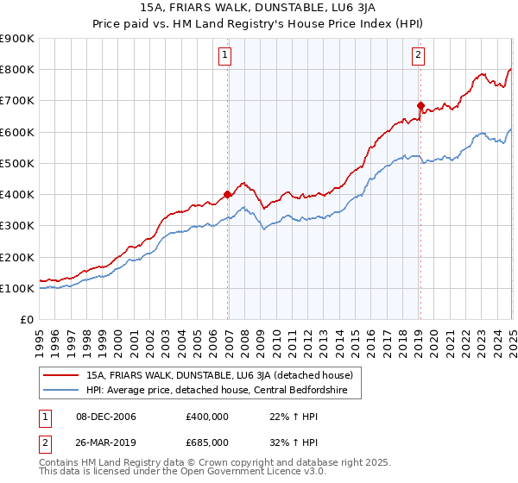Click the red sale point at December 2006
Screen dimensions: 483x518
coord(228,194)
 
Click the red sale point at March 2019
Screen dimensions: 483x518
coord(420,105)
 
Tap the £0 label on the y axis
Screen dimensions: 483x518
coord(27,319)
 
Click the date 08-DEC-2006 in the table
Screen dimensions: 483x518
coord(106,417)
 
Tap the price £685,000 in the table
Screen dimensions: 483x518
coord(206,442)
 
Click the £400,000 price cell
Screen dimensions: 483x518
coord(206,417)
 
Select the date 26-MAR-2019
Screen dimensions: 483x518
coord(106,442)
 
